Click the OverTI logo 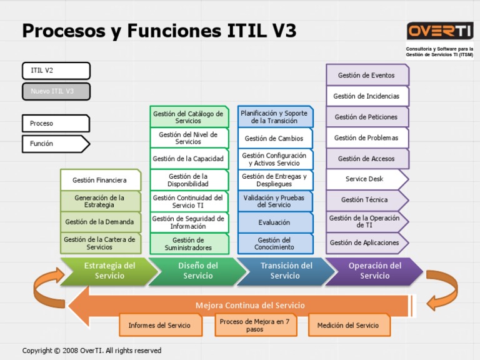tap(439, 31)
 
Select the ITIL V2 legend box tap(56, 71)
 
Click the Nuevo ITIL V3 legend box tap(56, 91)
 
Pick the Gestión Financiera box tap(100, 180)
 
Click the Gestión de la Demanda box tap(100, 222)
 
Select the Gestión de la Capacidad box tap(189, 159)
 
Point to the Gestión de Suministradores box tap(189, 244)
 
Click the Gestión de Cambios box tap(274, 138)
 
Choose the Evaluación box tap(274, 222)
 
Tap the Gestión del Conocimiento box tap(274, 244)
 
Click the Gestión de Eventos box tap(367, 75)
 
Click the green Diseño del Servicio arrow tap(197, 271)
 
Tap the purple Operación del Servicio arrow tap(374, 271)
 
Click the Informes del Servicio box tap(160, 326)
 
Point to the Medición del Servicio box tap(348, 326)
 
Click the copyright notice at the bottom tap(92, 351)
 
